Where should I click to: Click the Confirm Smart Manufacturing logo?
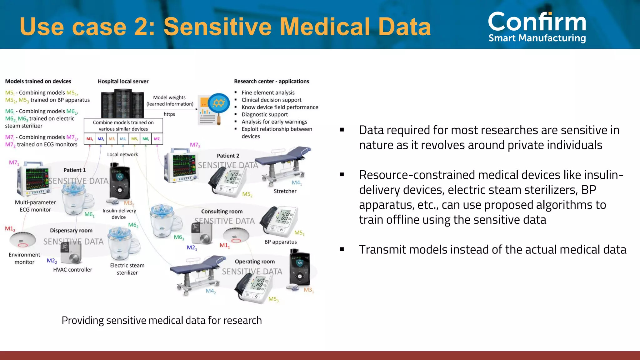[537, 27]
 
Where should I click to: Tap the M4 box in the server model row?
[123, 139]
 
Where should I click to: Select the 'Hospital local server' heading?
[123, 81]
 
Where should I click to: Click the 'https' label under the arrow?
[169, 114]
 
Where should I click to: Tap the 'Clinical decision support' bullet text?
[271, 100]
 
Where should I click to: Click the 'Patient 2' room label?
[228, 156]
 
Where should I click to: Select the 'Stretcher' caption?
[285, 191]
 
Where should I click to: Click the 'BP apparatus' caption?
[280, 242]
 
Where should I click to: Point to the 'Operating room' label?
[255, 262]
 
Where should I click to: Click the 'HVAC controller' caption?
[72, 269]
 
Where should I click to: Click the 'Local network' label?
[122, 154]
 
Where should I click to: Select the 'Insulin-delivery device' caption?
[119, 214]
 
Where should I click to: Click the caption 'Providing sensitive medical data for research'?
[162, 320]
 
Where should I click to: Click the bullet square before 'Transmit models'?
[342, 249]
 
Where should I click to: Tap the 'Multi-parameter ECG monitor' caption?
[35, 206]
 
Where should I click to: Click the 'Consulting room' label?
[222, 211]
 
